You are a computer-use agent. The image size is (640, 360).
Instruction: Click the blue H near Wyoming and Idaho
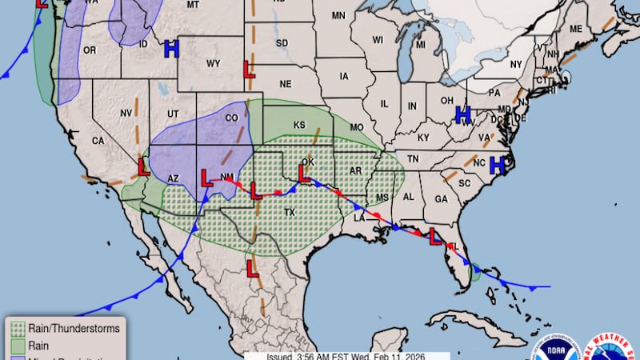coord(170,49)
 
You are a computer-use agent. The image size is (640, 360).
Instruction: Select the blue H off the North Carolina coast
coord(497,165)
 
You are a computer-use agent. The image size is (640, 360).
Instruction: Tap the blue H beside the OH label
coord(462,114)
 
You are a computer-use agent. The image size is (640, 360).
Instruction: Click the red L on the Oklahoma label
coord(304,173)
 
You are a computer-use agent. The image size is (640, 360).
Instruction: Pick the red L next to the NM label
coord(206,178)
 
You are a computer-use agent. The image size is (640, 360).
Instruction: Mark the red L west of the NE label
coord(249,70)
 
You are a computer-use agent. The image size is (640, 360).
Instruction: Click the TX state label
coord(290,213)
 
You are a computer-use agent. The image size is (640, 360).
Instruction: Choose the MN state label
coord(338,16)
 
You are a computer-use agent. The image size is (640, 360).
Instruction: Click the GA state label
coord(441,199)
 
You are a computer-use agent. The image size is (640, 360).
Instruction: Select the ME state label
coord(576,29)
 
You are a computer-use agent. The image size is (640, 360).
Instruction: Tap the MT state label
coord(193,5)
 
